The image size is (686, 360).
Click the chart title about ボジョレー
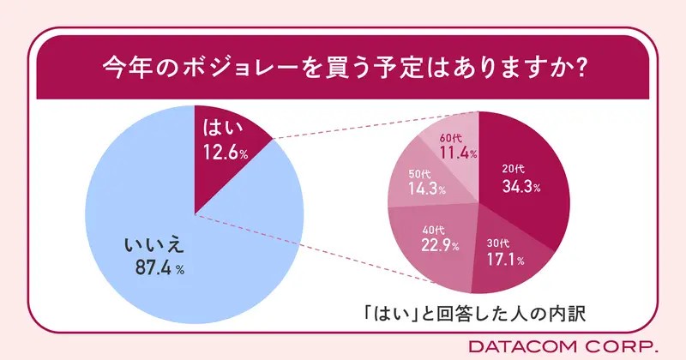coord(343,67)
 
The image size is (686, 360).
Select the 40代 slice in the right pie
coord(437,244)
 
